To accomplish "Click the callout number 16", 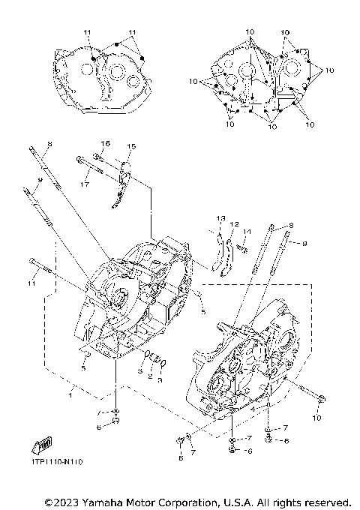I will pyautogui.click(x=105, y=143).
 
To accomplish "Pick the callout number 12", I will pyautogui.click(x=234, y=224).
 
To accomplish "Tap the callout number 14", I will pyautogui.click(x=247, y=231).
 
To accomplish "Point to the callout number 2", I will pyautogui.click(x=149, y=376).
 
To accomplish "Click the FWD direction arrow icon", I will pyautogui.click(x=43, y=445).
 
